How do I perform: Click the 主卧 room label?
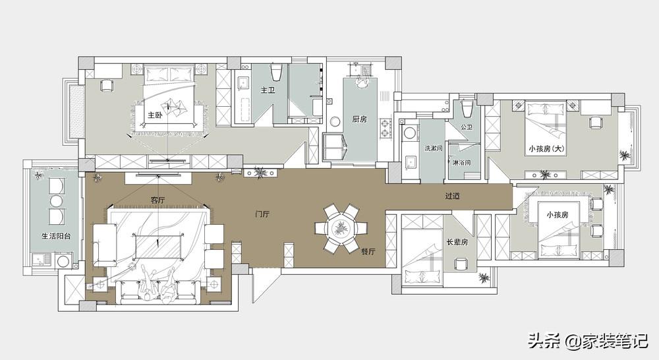click(154, 115)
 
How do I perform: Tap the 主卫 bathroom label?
click(268, 90)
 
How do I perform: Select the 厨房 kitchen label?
click(359, 119)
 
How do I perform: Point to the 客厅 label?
click(158, 200)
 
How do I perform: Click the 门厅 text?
click(262, 214)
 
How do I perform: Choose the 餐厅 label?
click(368, 251)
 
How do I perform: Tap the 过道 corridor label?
click(453, 196)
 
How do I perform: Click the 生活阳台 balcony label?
click(56, 236)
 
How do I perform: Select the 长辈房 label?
click(457, 242)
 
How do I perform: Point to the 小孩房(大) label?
click(546, 148)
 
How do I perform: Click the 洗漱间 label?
click(434, 148)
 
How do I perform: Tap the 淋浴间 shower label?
click(462, 162)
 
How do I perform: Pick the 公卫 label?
click(467, 127)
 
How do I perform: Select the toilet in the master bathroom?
click(276, 73)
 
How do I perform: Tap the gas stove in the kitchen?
click(385, 129)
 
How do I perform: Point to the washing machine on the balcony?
click(63, 260)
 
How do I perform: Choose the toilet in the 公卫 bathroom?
click(467, 109)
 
